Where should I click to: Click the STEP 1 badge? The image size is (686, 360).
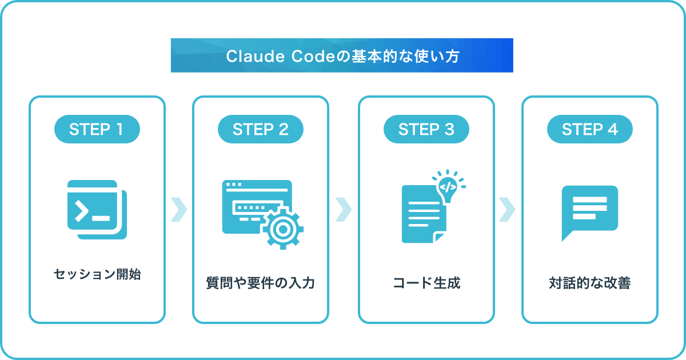pos(97,129)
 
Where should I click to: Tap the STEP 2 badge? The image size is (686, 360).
pos(261,129)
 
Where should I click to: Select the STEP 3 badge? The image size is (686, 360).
pos(426,129)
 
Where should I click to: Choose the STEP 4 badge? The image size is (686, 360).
pos(590,129)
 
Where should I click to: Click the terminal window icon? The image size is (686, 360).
pos(97,210)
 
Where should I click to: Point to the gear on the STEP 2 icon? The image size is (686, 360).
pos(282,229)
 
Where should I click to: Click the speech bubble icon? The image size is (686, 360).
pos(590,213)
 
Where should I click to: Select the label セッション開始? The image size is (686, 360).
pos(97,274)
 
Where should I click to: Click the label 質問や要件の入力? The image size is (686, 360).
pos(261,282)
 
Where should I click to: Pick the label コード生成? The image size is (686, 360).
pos(426,282)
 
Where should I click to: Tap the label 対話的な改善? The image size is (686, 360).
pos(590,282)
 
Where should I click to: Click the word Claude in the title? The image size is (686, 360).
pos(256,57)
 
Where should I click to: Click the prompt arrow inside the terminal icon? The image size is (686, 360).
pos(82,211)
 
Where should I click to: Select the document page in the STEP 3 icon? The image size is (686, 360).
pos(424,214)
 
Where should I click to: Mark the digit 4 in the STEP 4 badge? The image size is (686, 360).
pos(613,129)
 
